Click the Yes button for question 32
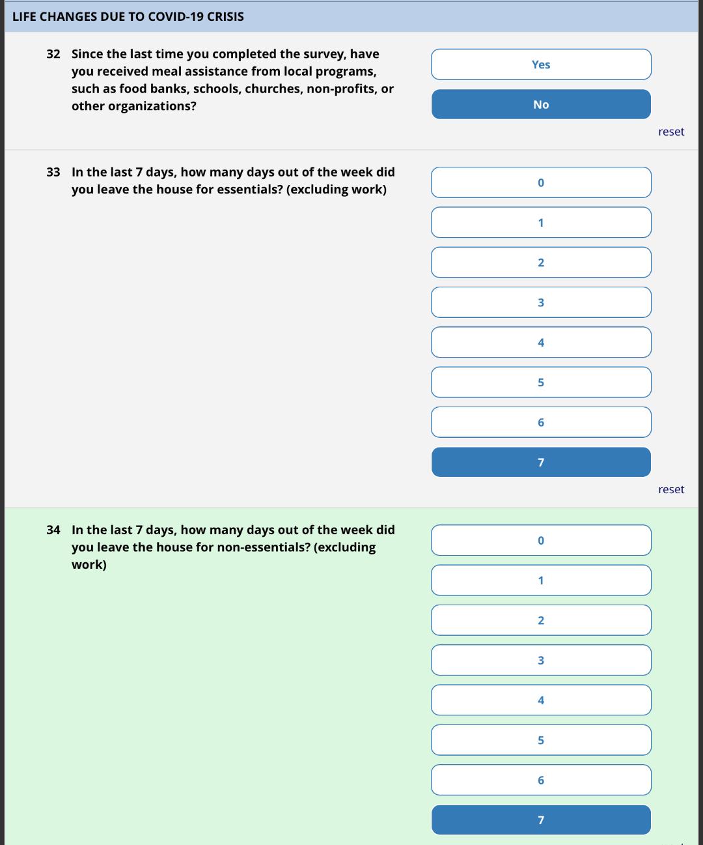pyautogui.click(x=541, y=64)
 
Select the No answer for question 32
pyautogui.click(x=541, y=104)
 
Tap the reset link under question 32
pyautogui.click(x=670, y=132)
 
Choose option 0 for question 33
pyautogui.click(x=541, y=182)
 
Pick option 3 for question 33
pyautogui.click(x=541, y=302)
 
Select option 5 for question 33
pyautogui.click(x=541, y=382)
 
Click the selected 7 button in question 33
pyautogui.click(x=541, y=462)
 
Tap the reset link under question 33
pyautogui.click(x=670, y=489)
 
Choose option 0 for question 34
pyautogui.click(x=541, y=540)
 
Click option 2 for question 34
pyautogui.click(x=541, y=620)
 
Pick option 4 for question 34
pyautogui.click(x=541, y=700)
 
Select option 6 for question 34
pyautogui.click(x=541, y=780)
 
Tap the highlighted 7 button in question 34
pyautogui.click(x=541, y=820)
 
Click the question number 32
pyautogui.click(x=53, y=54)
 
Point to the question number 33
pyautogui.click(x=53, y=172)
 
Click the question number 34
pyautogui.click(x=53, y=530)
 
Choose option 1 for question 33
pyautogui.click(x=541, y=223)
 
